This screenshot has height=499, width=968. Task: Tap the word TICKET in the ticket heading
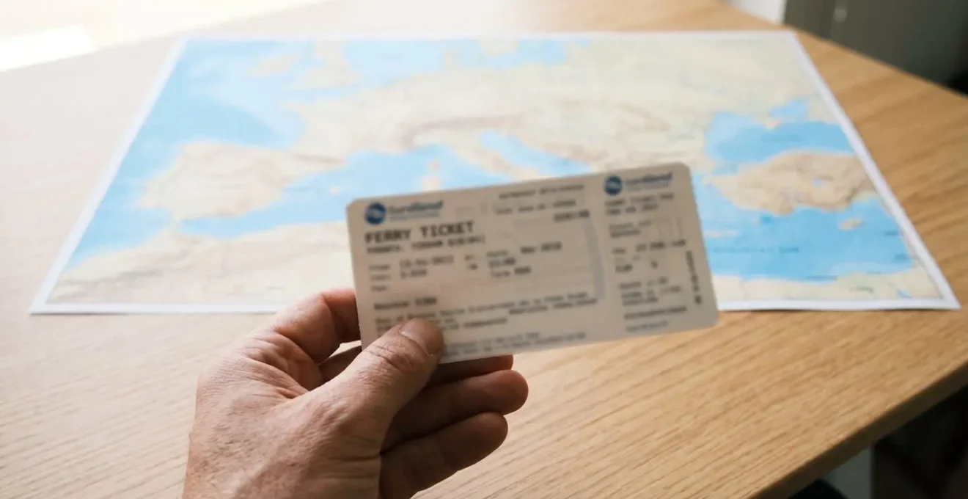pos(449,229)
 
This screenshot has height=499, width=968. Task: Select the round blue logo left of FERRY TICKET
pos(375,213)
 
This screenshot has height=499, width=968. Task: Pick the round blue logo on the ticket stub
pos(613,185)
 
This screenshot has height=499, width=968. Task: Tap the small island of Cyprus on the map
pos(851,223)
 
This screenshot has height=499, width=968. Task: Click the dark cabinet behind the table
pos(880,29)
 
